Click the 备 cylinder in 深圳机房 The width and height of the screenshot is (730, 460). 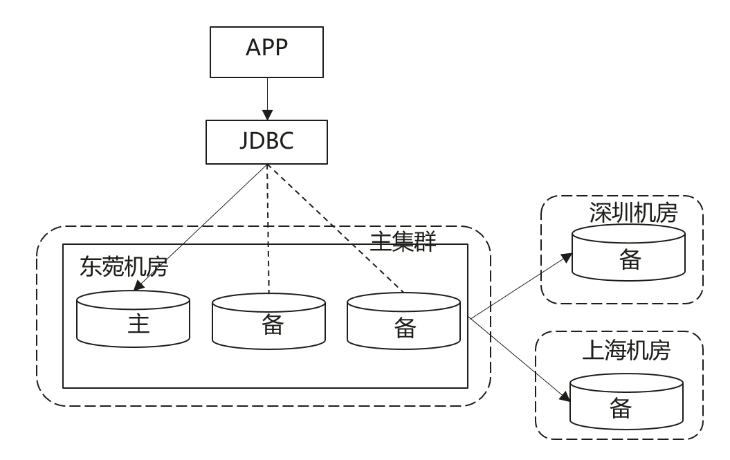(x=629, y=255)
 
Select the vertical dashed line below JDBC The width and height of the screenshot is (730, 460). (x=267, y=228)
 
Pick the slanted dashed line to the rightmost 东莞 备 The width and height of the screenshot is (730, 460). (x=336, y=228)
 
